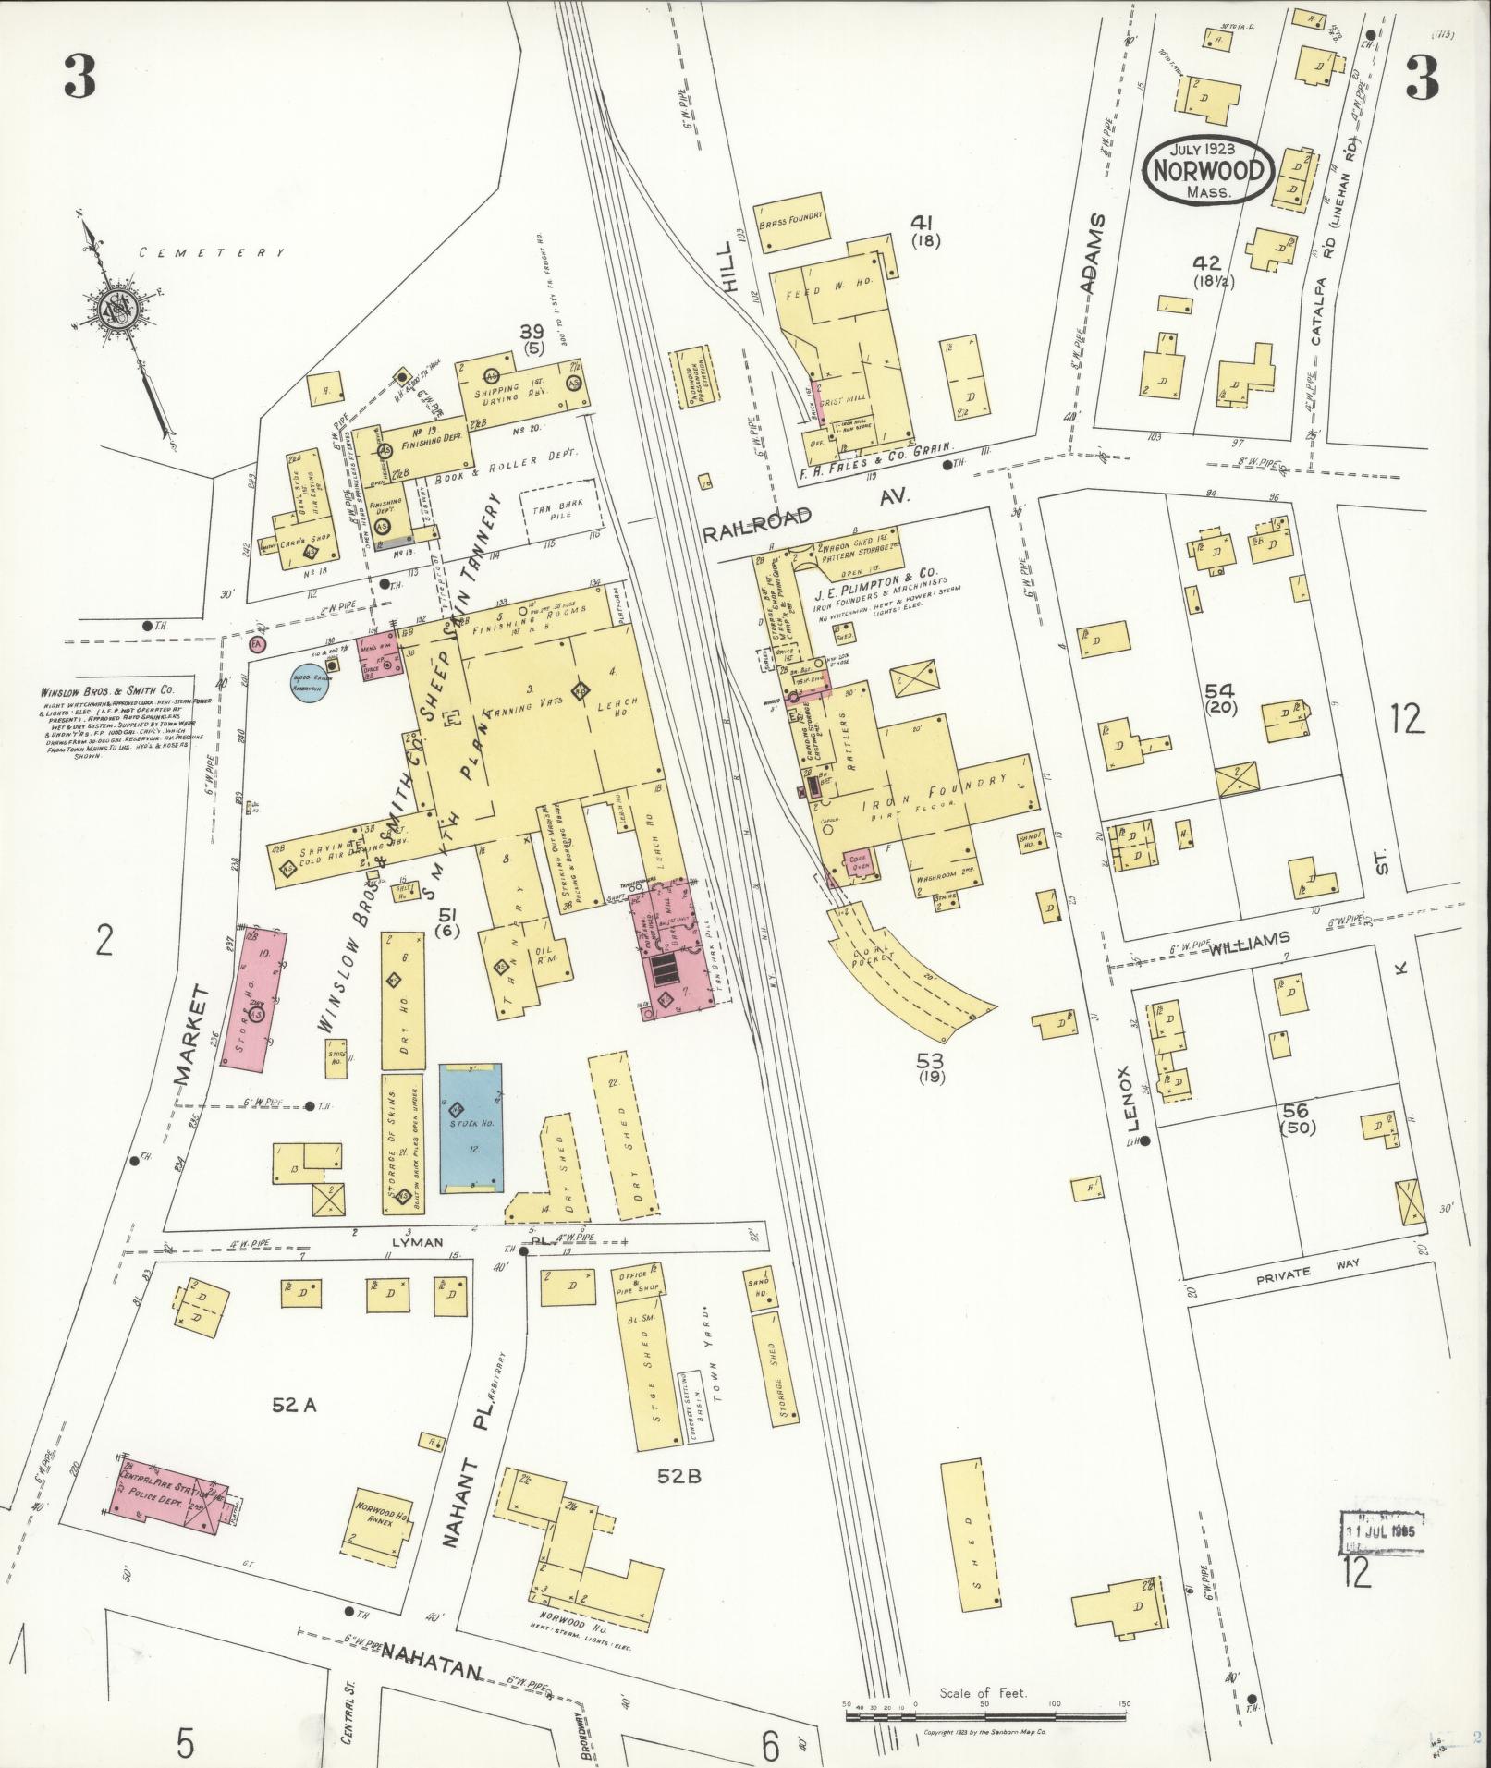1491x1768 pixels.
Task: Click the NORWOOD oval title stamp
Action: click(1208, 171)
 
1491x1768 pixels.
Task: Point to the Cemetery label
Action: click(211, 252)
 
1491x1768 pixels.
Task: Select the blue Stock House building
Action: click(471, 1128)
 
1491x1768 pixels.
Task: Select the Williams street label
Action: click(1249, 941)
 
